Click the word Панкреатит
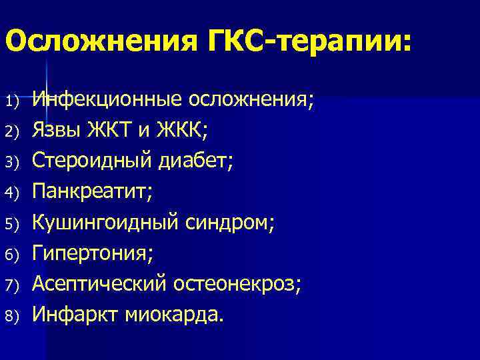(x=93, y=192)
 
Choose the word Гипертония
(x=93, y=253)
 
